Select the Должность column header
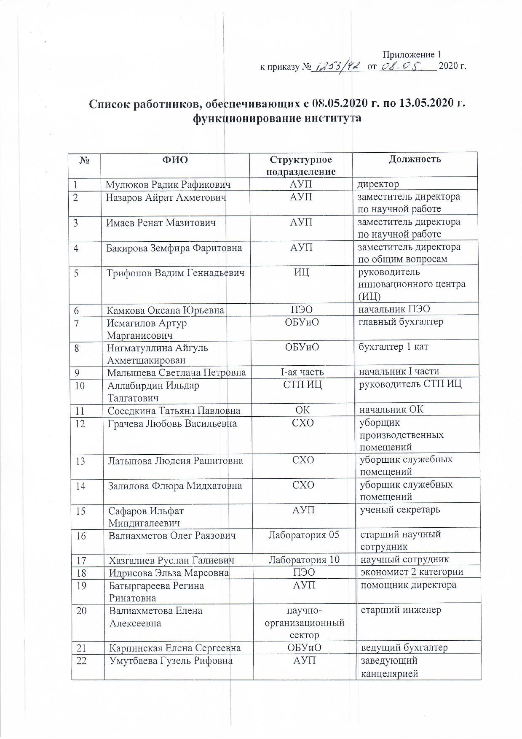pyautogui.click(x=415, y=159)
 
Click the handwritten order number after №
pyautogui.click(x=337, y=67)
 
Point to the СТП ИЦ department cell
pyautogui.click(x=302, y=384)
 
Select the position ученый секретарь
pyautogui.click(x=400, y=510)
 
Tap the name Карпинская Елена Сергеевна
pyautogui.click(x=175, y=647)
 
